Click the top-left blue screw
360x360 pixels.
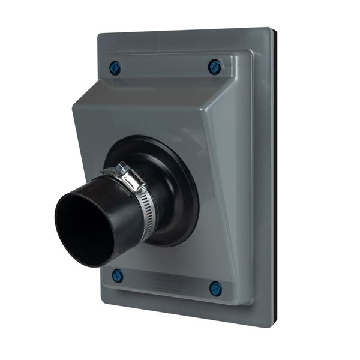pos(115,68)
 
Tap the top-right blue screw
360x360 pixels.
pos(215,67)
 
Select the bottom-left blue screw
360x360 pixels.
pos(118,276)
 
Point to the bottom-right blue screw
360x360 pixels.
pos(215,289)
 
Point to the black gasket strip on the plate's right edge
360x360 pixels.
pos(274,180)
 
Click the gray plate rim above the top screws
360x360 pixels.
pos(180,42)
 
